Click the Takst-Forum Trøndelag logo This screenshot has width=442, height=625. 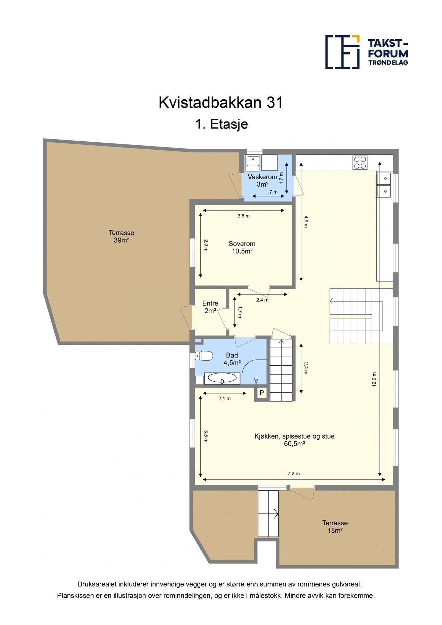(366, 52)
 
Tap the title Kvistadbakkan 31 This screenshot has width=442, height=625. (221, 103)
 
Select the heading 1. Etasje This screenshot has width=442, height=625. (222, 124)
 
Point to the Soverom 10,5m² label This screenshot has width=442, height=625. (242, 248)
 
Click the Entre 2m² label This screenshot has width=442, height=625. (210, 307)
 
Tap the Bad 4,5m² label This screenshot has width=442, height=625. (232, 359)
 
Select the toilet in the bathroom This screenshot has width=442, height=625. (204, 356)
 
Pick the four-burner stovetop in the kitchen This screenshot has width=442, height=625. (360, 162)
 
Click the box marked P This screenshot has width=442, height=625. (262, 393)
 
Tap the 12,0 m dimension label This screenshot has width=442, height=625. (374, 379)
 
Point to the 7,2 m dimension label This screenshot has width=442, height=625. (293, 474)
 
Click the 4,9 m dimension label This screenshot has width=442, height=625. (306, 221)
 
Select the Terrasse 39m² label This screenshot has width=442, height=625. (122, 236)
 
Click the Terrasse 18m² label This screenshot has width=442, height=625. (335, 526)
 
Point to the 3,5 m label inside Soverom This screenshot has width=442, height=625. (243, 216)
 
